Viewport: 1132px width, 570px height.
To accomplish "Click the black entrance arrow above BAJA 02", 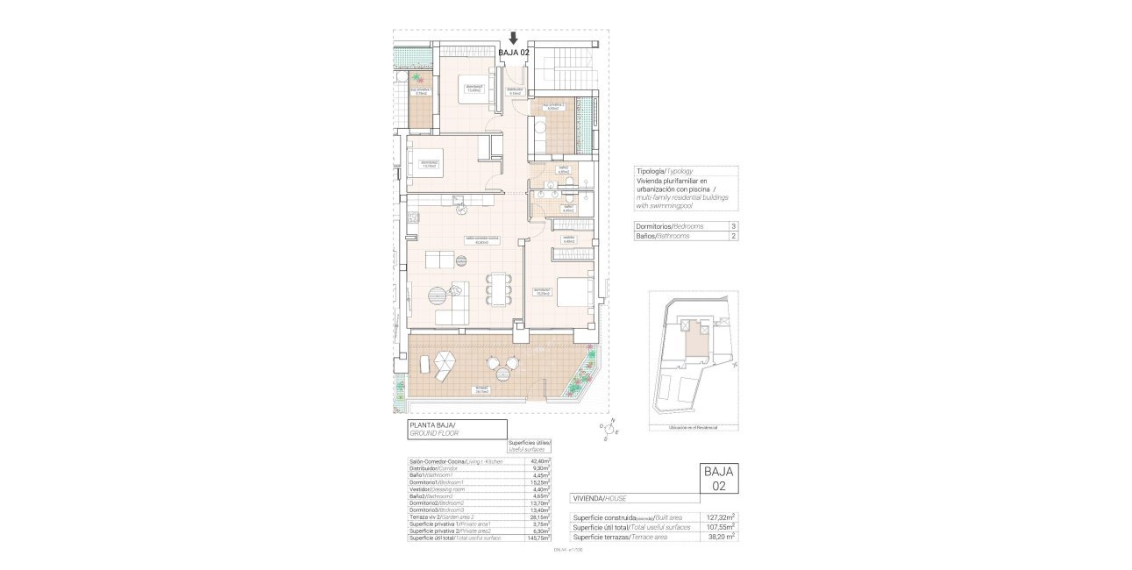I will pyautogui.click(x=514, y=39).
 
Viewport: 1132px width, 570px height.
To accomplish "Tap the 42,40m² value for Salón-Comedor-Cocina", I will pyautogui.click(x=540, y=461).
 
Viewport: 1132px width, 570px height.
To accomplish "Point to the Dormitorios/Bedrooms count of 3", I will pyautogui.click(x=731, y=226).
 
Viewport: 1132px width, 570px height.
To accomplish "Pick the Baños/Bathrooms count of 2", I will pyautogui.click(x=731, y=236).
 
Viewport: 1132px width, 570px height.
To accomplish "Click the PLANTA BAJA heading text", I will pyautogui.click(x=433, y=424).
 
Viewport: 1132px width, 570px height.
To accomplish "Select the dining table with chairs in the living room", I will pyautogui.click(x=499, y=289).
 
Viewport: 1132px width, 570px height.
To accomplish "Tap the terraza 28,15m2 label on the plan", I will pyautogui.click(x=481, y=389).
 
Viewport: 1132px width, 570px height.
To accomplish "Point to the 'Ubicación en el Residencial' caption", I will pyautogui.click(x=692, y=427).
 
